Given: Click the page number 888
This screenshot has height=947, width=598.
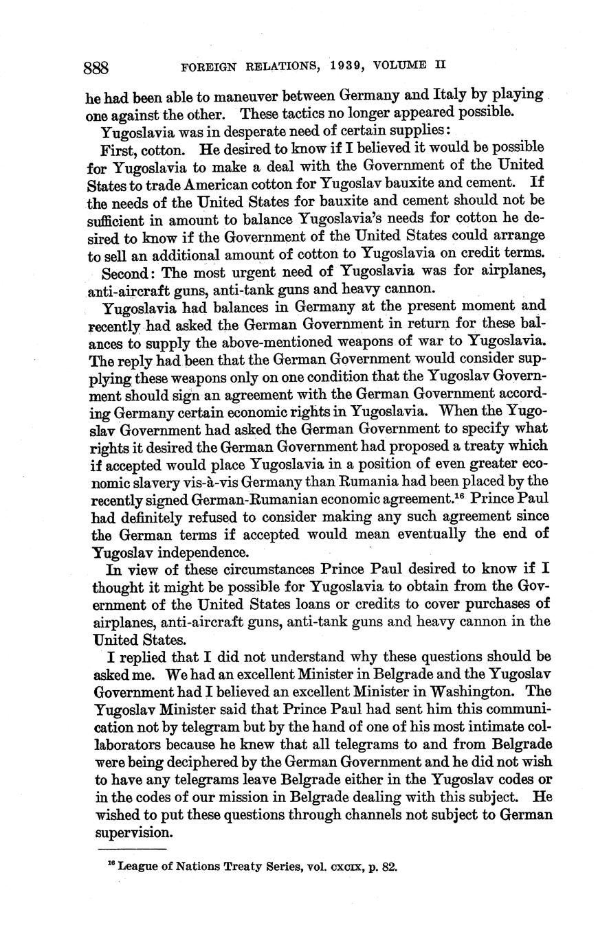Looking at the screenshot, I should (x=97, y=67).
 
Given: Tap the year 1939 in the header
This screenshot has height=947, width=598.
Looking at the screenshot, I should (x=333, y=67).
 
